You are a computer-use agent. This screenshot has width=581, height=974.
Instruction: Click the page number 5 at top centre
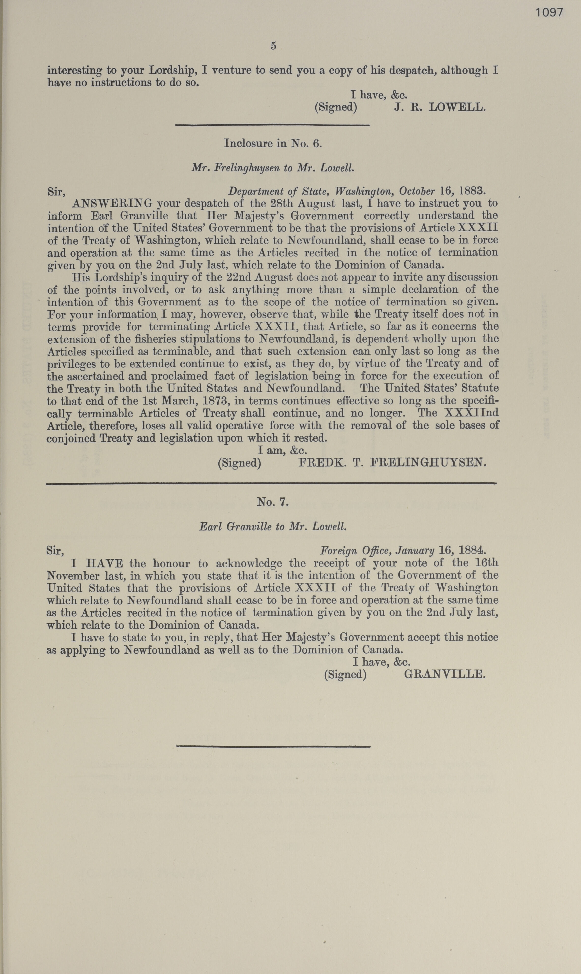(x=273, y=46)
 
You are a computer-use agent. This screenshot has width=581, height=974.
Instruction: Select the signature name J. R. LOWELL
(x=440, y=107)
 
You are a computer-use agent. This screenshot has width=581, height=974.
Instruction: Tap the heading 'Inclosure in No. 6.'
(x=273, y=143)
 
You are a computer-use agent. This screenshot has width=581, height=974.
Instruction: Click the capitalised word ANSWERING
(x=112, y=204)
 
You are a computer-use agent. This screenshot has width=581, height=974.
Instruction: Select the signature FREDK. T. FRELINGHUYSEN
(x=392, y=463)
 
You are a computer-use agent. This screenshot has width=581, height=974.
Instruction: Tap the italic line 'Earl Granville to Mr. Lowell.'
(x=273, y=526)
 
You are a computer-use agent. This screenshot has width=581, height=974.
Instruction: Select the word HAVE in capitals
(x=104, y=564)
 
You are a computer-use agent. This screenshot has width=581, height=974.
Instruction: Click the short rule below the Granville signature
(x=273, y=746)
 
